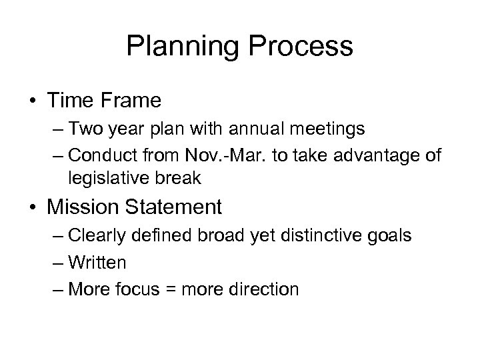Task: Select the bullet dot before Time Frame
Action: [x=31, y=102]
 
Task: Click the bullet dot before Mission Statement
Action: [x=31, y=208]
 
